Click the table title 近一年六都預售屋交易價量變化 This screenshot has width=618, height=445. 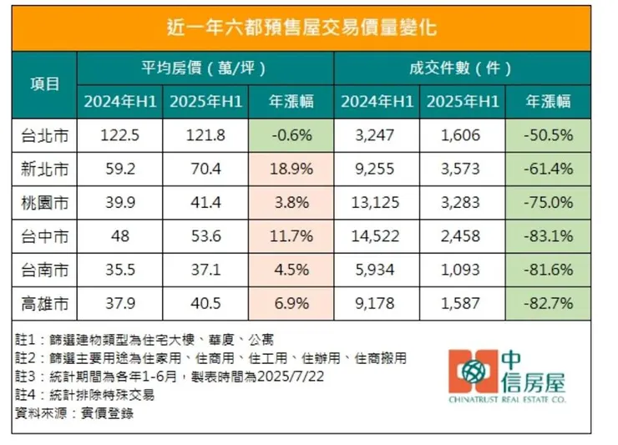tap(308, 28)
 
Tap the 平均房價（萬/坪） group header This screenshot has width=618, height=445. tap(205, 67)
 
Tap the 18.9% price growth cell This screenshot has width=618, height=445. tap(291, 169)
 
